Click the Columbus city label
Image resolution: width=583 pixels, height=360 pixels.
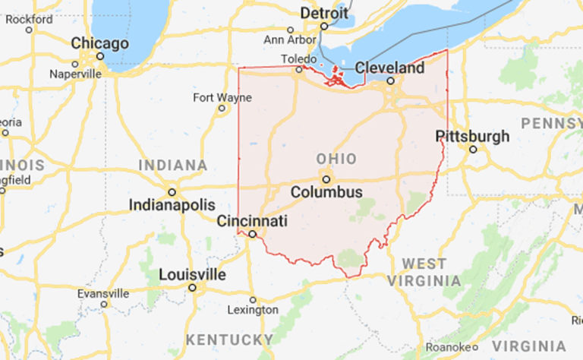[326, 193]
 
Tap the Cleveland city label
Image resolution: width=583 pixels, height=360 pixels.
[390, 68]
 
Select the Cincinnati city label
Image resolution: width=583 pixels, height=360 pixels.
[252, 221]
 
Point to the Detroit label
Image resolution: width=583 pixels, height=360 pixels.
[324, 13]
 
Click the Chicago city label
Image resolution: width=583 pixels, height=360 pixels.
[99, 43]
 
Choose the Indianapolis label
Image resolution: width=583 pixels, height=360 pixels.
[172, 205]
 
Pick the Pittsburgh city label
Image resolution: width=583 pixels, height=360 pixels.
[472, 136]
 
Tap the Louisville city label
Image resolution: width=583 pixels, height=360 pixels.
[192, 274]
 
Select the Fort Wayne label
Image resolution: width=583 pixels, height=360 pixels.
[222, 97]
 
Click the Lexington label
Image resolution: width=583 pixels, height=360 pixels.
[253, 310]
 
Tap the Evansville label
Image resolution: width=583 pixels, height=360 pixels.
[103, 293]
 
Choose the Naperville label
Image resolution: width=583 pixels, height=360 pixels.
[75, 74]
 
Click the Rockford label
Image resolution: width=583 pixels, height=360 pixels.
[29, 19]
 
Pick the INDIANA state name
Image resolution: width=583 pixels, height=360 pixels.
[172, 165]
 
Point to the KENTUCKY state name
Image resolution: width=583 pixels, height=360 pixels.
[230, 339]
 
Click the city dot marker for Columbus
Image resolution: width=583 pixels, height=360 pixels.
[326, 179]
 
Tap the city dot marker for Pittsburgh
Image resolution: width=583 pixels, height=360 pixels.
[472, 149]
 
